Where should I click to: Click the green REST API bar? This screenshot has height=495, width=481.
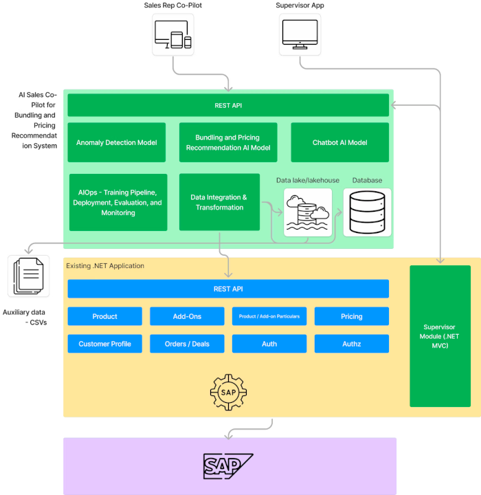228,105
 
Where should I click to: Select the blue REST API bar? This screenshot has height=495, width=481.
228,289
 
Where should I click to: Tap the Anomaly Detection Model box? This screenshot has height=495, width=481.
117,142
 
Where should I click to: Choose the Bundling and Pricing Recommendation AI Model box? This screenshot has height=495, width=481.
228,142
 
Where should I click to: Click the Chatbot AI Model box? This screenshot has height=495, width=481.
340,142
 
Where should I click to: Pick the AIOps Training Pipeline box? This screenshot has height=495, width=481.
118,202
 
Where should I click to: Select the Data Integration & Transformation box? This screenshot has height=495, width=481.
219,202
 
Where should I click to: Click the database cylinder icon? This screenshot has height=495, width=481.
367,212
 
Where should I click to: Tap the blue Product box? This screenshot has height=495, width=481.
105,316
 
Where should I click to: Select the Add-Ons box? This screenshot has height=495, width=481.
187,316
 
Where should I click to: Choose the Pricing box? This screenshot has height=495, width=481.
352,316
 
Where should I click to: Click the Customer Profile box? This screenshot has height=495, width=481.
105,344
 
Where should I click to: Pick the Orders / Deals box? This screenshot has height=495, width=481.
187,344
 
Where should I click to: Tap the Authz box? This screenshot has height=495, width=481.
352,344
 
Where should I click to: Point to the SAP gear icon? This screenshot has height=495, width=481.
228,392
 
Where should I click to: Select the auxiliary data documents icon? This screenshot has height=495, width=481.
28,276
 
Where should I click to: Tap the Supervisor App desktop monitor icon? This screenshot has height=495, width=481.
300,34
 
